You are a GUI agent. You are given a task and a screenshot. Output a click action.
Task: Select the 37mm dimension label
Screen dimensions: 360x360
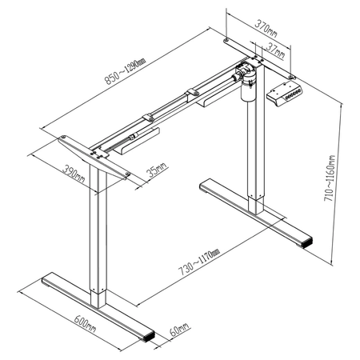275,50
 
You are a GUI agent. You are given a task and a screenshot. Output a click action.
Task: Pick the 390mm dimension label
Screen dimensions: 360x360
74,174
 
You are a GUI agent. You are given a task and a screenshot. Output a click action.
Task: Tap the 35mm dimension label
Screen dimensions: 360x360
157,169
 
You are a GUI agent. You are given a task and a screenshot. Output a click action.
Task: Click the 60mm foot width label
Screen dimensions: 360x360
179,329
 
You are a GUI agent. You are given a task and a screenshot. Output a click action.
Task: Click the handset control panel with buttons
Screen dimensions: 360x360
286,93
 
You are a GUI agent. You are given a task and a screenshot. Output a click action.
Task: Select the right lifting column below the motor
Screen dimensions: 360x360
255,160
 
